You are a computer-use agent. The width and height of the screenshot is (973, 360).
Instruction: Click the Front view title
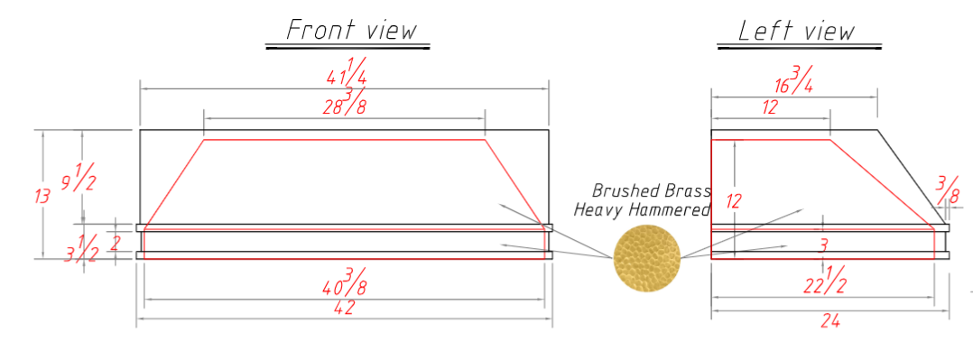(x=352, y=30)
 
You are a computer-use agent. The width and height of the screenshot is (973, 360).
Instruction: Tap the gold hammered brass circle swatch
(x=647, y=254)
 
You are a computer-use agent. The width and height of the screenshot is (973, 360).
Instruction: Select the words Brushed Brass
(x=651, y=191)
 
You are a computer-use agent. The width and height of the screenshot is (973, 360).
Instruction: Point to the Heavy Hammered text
(x=642, y=210)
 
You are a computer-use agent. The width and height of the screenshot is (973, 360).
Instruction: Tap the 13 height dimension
(x=42, y=196)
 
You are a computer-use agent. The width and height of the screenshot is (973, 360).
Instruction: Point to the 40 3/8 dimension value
(x=346, y=282)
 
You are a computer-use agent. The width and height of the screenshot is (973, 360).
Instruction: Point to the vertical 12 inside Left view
(x=733, y=200)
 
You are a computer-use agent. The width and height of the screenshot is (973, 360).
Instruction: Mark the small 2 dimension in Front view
(x=114, y=242)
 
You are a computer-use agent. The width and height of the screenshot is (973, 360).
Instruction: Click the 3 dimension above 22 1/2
(x=822, y=245)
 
